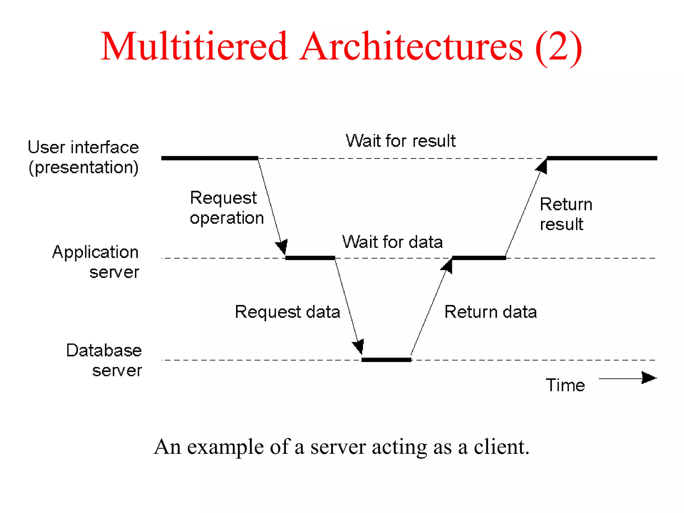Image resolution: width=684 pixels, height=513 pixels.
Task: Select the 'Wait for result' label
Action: [400, 141]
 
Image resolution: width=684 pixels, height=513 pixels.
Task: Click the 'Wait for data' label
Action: [392, 242]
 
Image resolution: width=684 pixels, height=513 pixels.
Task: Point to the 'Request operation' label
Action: [226, 208]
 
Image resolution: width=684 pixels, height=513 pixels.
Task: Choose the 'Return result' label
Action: [566, 214]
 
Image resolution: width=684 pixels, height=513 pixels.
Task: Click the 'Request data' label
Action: [287, 312]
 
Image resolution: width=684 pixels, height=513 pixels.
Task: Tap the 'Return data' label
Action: [490, 312]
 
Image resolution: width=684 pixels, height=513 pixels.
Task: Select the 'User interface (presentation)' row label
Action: [83, 157]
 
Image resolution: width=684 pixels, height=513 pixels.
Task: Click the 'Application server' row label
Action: [96, 262]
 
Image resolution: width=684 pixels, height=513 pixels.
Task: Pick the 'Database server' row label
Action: [104, 360]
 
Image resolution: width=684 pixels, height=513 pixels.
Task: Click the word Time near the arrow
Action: [565, 385]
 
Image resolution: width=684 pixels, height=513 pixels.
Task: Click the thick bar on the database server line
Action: [386, 360]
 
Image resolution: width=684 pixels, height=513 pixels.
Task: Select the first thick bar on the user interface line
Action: [209, 158]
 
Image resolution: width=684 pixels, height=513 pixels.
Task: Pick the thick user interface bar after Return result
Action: [602, 158]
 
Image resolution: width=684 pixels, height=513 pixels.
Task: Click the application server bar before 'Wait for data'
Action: [310, 258]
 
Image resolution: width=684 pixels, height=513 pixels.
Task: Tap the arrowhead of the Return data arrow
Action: [448, 266]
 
